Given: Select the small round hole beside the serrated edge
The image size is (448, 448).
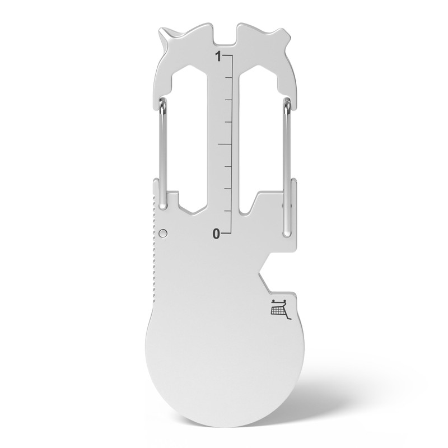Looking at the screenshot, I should pyautogui.click(x=162, y=232).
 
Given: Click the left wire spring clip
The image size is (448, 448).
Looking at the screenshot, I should pyautogui.click(x=160, y=151).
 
